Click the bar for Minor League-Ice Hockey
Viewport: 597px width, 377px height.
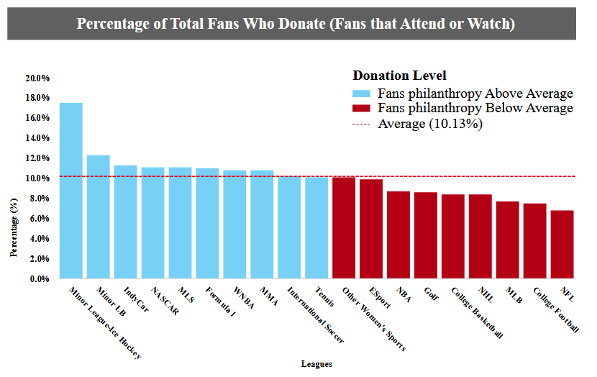click(x=70, y=191)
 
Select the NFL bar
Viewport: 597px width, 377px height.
click(x=562, y=245)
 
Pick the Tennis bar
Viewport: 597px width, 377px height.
click(x=316, y=228)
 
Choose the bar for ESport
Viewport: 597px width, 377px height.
click(x=371, y=229)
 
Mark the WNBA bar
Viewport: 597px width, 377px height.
click(x=234, y=224)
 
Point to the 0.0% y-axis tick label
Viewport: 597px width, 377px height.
click(x=39, y=278)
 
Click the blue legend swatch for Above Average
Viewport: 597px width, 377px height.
click(x=361, y=94)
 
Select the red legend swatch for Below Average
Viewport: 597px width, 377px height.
click(x=361, y=109)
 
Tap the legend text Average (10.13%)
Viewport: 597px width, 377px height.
click(x=429, y=124)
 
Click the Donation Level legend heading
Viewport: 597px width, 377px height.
click(x=399, y=76)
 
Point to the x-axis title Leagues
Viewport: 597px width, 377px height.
click(x=316, y=364)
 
